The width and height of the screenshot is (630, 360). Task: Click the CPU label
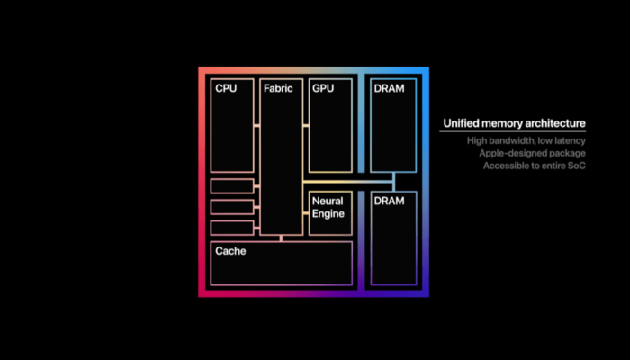tap(226, 88)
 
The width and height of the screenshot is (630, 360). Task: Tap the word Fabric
tap(278, 88)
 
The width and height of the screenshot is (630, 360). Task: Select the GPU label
tap(323, 88)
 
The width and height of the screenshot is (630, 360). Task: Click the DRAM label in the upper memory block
tap(389, 88)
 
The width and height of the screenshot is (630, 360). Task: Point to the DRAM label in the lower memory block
tap(389, 201)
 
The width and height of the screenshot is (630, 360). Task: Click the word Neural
tap(328, 201)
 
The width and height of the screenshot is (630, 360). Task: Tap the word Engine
tap(328, 214)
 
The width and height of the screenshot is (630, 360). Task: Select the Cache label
tap(230, 251)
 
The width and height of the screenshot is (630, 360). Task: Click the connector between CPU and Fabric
tap(256, 126)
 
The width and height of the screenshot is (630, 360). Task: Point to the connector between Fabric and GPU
tap(306, 126)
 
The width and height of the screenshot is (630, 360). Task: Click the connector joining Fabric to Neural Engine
tap(306, 213)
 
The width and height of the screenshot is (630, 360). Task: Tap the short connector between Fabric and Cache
tap(281, 238)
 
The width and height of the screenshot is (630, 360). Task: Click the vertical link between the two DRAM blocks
tap(394, 182)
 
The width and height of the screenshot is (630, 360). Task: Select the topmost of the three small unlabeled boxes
tap(232, 186)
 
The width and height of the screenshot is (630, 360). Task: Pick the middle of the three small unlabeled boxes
tap(232, 207)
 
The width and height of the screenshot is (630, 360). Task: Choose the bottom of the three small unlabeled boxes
tap(232, 228)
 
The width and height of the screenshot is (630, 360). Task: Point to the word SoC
tap(577, 166)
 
